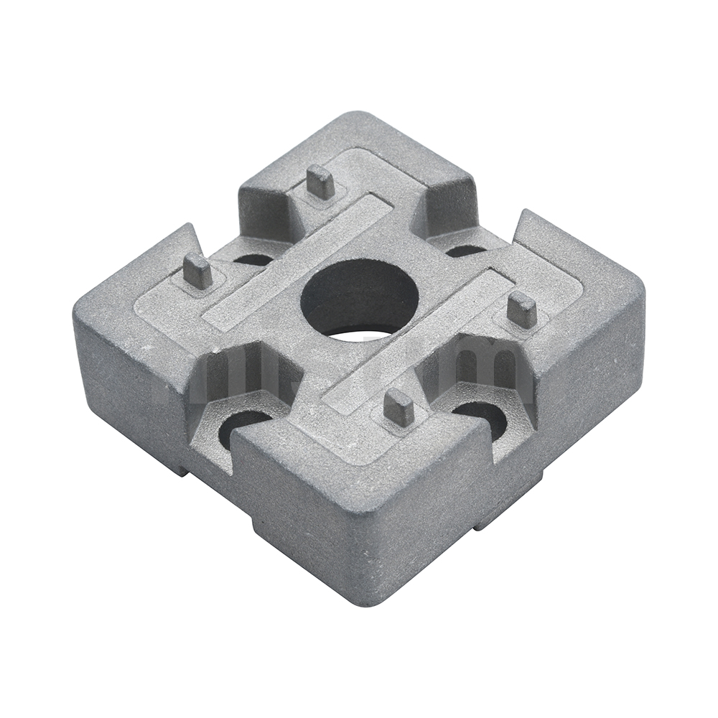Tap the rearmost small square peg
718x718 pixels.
320,182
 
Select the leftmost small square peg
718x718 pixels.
197,271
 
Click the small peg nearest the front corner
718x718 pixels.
398,407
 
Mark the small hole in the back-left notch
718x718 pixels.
253,258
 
